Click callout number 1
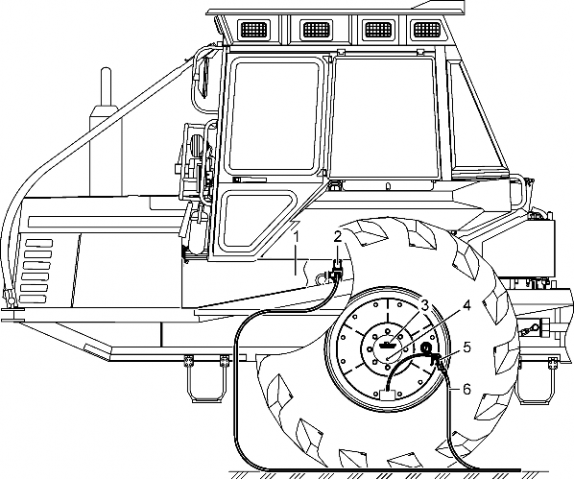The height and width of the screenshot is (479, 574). (x=297, y=236)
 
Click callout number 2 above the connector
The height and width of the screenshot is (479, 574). (x=337, y=236)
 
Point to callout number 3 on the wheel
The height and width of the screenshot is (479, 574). (x=424, y=305)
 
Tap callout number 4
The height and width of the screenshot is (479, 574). (x=466, y=305)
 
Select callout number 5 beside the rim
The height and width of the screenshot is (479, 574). (x=466, y=347)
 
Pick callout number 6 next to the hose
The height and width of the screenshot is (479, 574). (x=466, y=390)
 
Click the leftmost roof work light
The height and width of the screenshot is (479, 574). (x=254, y=29)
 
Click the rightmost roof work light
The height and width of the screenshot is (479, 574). (x=426, y=29)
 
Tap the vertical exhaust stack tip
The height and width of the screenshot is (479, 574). (x=106, y=70)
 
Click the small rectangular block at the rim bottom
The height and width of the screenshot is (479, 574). (x=388, y=395)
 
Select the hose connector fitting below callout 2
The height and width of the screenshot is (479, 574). (x=335, y=273)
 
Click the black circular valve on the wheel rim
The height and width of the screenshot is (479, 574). (x=426, y=347)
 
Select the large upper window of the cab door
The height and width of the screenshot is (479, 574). (x=274, y=116)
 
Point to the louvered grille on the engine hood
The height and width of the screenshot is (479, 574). (x=36, y=272)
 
